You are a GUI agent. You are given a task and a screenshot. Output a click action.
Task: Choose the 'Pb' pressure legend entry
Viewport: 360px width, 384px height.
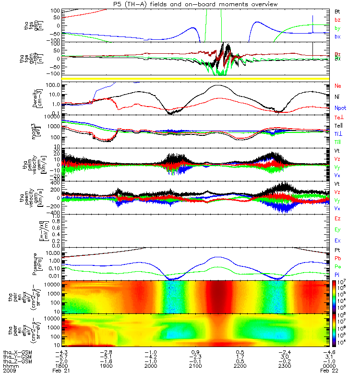point(338,258)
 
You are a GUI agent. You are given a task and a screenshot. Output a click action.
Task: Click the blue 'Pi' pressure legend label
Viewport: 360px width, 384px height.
point(337,274)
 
